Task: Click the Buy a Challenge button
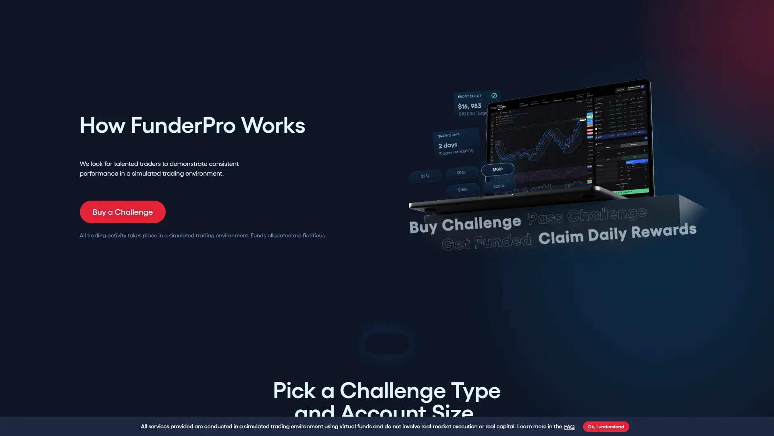[123, 212]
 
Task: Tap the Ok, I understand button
[605, 427]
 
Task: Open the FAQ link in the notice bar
[569, 427]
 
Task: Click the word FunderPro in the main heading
[183, 126]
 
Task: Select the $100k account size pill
[497, 169]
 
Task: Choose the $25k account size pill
[425, 176]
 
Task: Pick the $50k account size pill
[461, 173]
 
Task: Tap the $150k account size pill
[463, 189]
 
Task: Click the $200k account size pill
[499, 186]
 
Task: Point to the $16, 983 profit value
[469, 106]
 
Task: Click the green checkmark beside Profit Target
[494, 96]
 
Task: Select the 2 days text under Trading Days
[447, 145]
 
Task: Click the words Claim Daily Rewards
[617, 234]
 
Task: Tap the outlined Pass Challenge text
[587, 215]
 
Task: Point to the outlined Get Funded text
[486, 242]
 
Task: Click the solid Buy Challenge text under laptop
[465, 224]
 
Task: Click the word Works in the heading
[273, 126]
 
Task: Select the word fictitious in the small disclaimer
[314, 235]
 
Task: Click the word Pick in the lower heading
[294, 391]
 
